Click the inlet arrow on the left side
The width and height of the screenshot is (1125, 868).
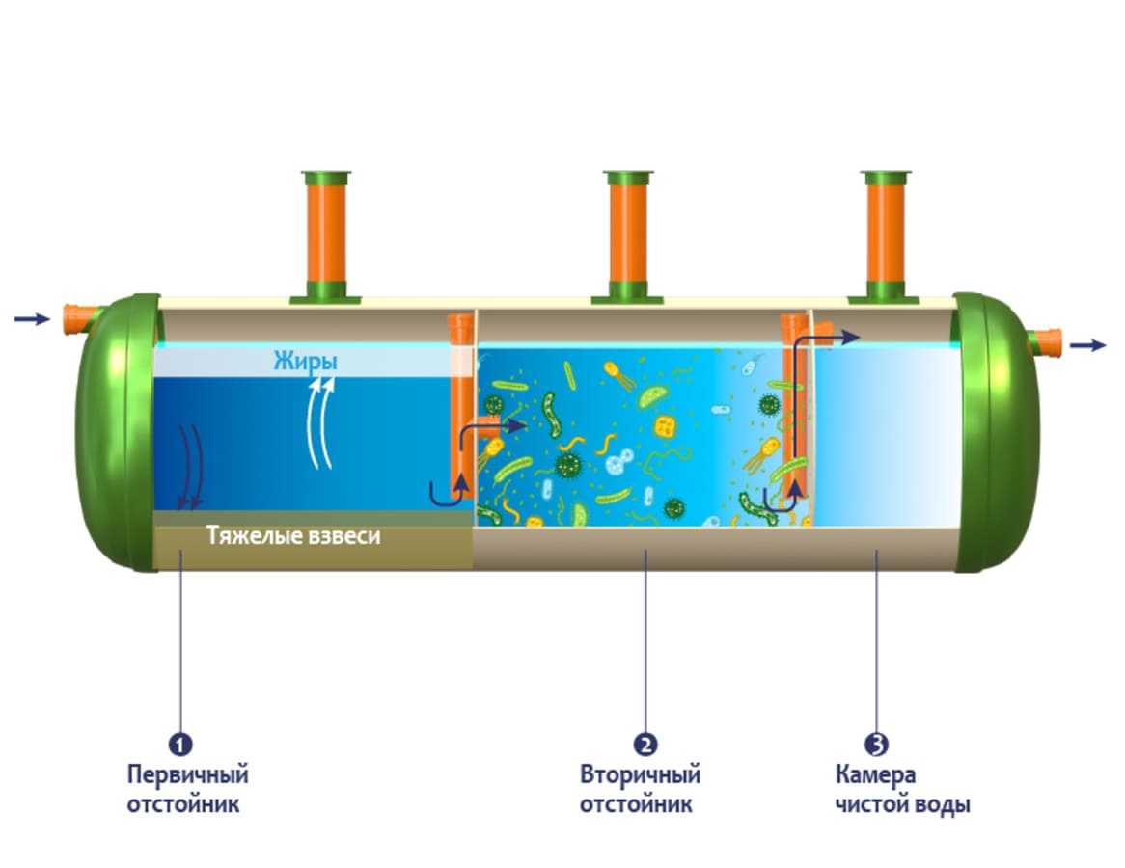31,319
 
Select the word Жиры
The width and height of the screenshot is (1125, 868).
305,363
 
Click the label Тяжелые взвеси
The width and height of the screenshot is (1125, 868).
293,536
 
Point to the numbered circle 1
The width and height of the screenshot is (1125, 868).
179,745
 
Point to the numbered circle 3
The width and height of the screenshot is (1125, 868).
876,745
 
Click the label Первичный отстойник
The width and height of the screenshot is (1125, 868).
188,789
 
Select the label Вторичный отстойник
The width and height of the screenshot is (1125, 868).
640,789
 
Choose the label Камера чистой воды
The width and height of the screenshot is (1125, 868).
902,789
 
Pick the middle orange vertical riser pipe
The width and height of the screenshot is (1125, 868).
628,236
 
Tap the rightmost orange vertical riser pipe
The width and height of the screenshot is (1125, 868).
885,236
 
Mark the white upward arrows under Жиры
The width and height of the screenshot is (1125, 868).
322,424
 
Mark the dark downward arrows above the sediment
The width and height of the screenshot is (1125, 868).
187,463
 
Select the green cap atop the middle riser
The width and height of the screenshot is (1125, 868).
628,177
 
